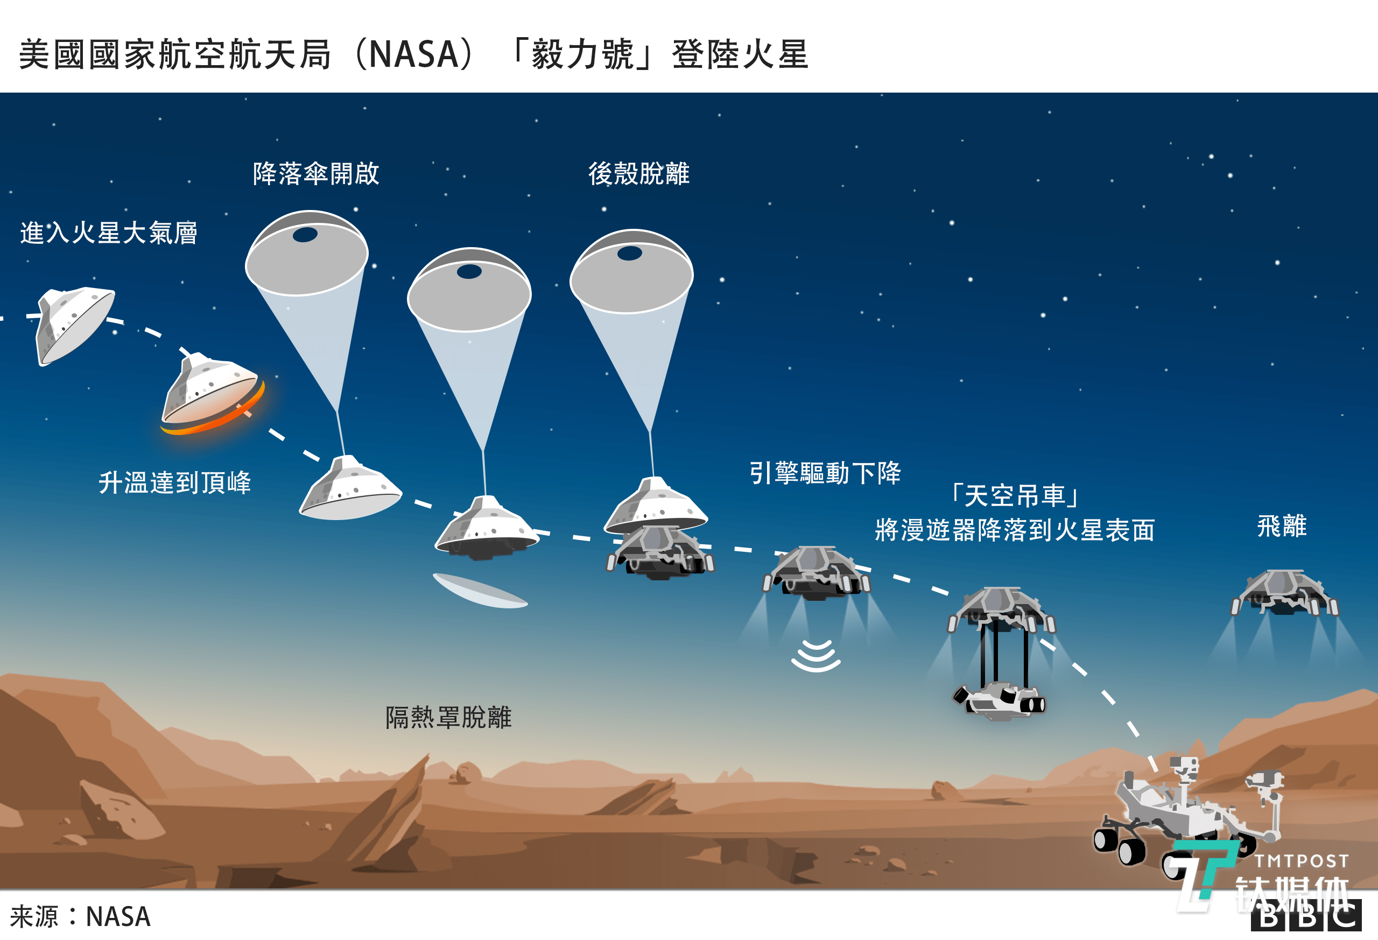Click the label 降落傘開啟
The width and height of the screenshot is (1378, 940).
pyautogui.click(x=315, y=174)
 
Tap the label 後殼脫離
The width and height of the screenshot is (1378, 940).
pyautogui.click(x=638, y=174)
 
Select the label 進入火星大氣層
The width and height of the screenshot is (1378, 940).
pyautogui.click(x=109, y=233)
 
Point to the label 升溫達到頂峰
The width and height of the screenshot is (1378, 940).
pyautogui.click(x=174, y=483)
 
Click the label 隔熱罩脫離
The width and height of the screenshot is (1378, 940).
pyautogui.click(x=448, y=718)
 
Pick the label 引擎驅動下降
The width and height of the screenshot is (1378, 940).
pyautogui.click(x=825, y=473)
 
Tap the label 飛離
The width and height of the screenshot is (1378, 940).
pyautogui.click(x=1282, y=526)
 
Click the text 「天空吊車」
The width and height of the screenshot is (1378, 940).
pyautogui.click(x=1015, y=496)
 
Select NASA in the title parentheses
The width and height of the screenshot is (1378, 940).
pyautogui.click(x=414, y=54)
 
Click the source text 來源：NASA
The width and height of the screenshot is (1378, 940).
pyautogui.click(x=81, y=916)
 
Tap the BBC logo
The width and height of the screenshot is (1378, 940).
pyautogui.click(x=1306, y=917)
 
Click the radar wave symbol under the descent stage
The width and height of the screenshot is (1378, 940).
pyautogui.click(x=816, y=656)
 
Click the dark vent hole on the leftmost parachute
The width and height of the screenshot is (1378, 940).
pyautogui.click(x=305, y=235)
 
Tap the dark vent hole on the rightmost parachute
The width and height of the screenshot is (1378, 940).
pyautogui.click(x=630, y=254)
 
